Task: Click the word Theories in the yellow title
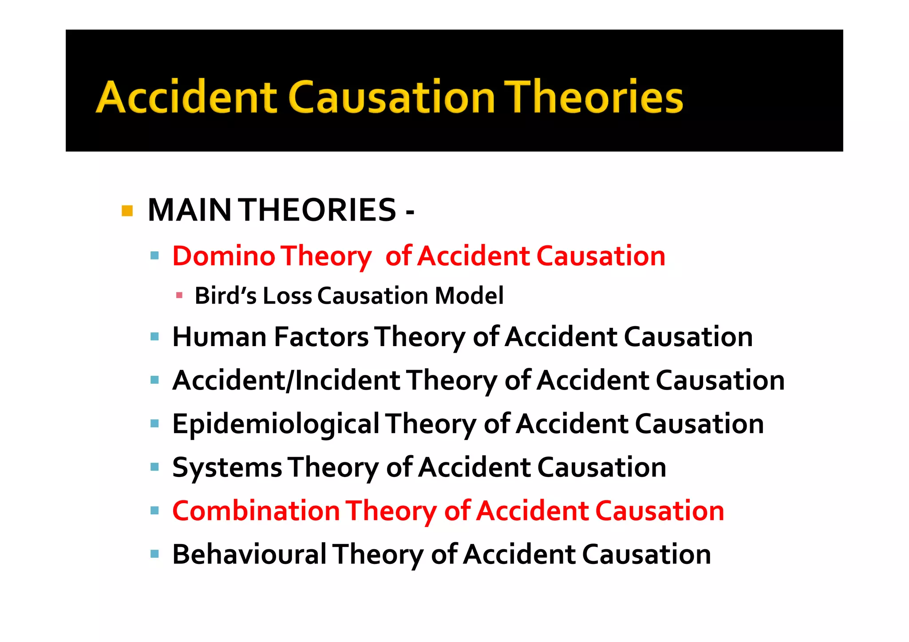(x=595, y=98)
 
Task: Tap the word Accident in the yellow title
(x=186, y=98)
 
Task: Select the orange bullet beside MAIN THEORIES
(x=127, y=211)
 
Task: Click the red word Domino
(x=224, y=256)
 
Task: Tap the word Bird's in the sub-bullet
(x=225, y=296)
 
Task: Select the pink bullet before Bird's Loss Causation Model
(x=179, y=295)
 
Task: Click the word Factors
(x=321, y=337)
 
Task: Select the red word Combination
(x=256, y=511)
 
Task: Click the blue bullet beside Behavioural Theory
(x=154, y=554)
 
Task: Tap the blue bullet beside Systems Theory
(x=154, y=467)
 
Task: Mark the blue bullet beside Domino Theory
(x=154, y=256)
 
